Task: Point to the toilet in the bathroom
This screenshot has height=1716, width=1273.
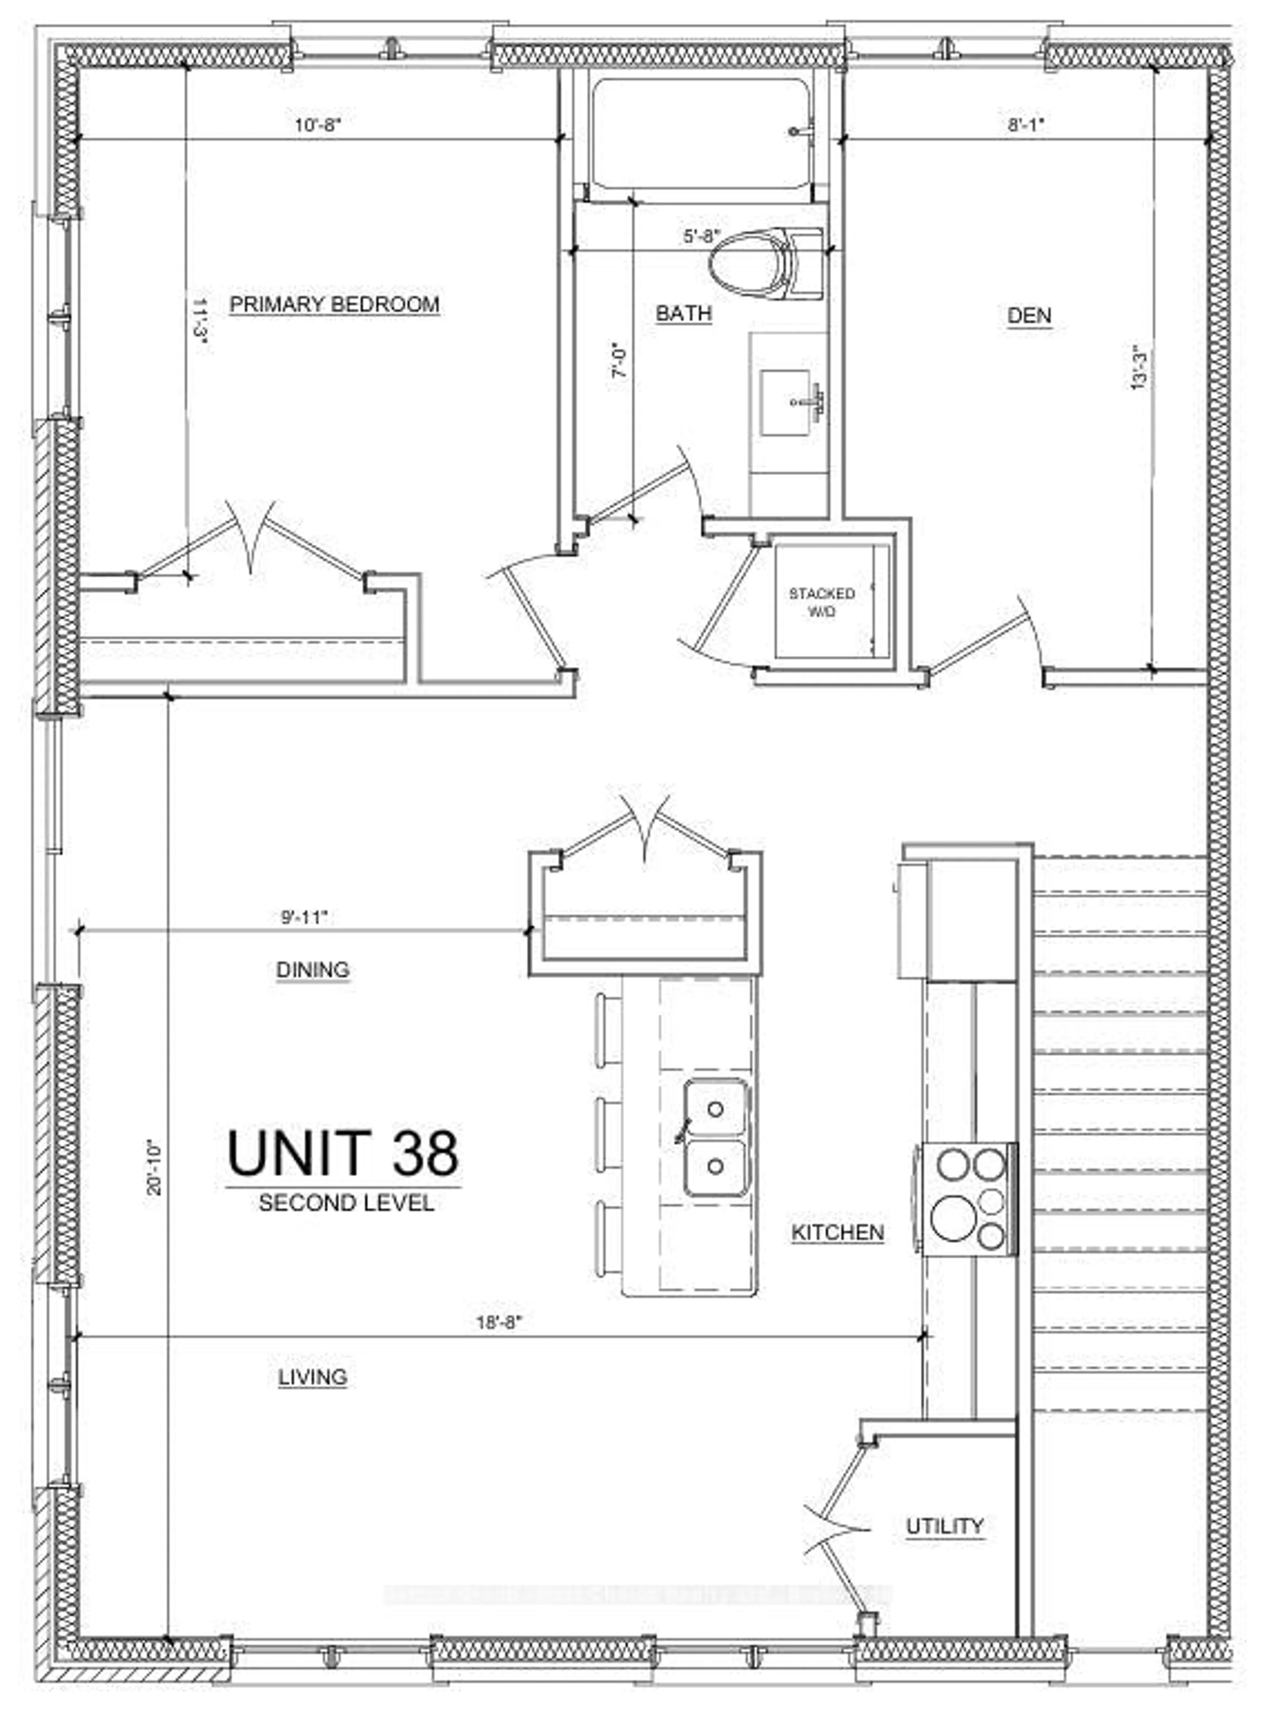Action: [x=763, y=264]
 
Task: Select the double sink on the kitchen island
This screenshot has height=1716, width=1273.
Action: [x=716, y=1137]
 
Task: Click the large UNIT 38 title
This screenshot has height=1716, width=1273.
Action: [x=343, y=1153]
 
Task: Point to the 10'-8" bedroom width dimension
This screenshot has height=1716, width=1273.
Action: [x=317, y=125]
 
